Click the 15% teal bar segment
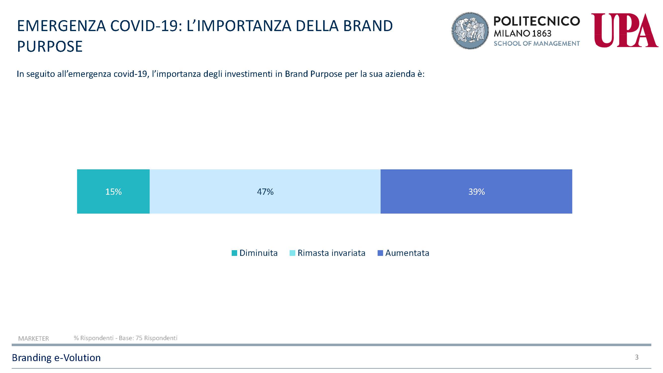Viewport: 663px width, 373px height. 113,191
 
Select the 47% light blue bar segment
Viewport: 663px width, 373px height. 265,191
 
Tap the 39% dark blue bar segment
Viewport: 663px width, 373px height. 476,191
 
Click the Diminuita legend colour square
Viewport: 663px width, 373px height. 234,253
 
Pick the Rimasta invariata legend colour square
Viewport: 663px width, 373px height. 292,253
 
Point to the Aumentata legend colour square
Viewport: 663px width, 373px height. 380,253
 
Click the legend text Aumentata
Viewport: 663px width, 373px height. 407,253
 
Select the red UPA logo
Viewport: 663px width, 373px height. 624,30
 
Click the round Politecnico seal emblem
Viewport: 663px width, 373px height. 470,30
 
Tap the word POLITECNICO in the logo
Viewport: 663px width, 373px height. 537,21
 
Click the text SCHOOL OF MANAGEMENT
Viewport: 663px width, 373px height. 537,44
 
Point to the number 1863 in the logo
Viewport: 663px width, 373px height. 541,34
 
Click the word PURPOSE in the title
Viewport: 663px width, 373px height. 50,46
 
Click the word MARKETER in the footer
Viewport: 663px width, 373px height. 34,338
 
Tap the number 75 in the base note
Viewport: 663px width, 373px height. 139,338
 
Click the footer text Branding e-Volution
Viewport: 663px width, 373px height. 56,358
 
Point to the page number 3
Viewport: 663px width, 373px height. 637,357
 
